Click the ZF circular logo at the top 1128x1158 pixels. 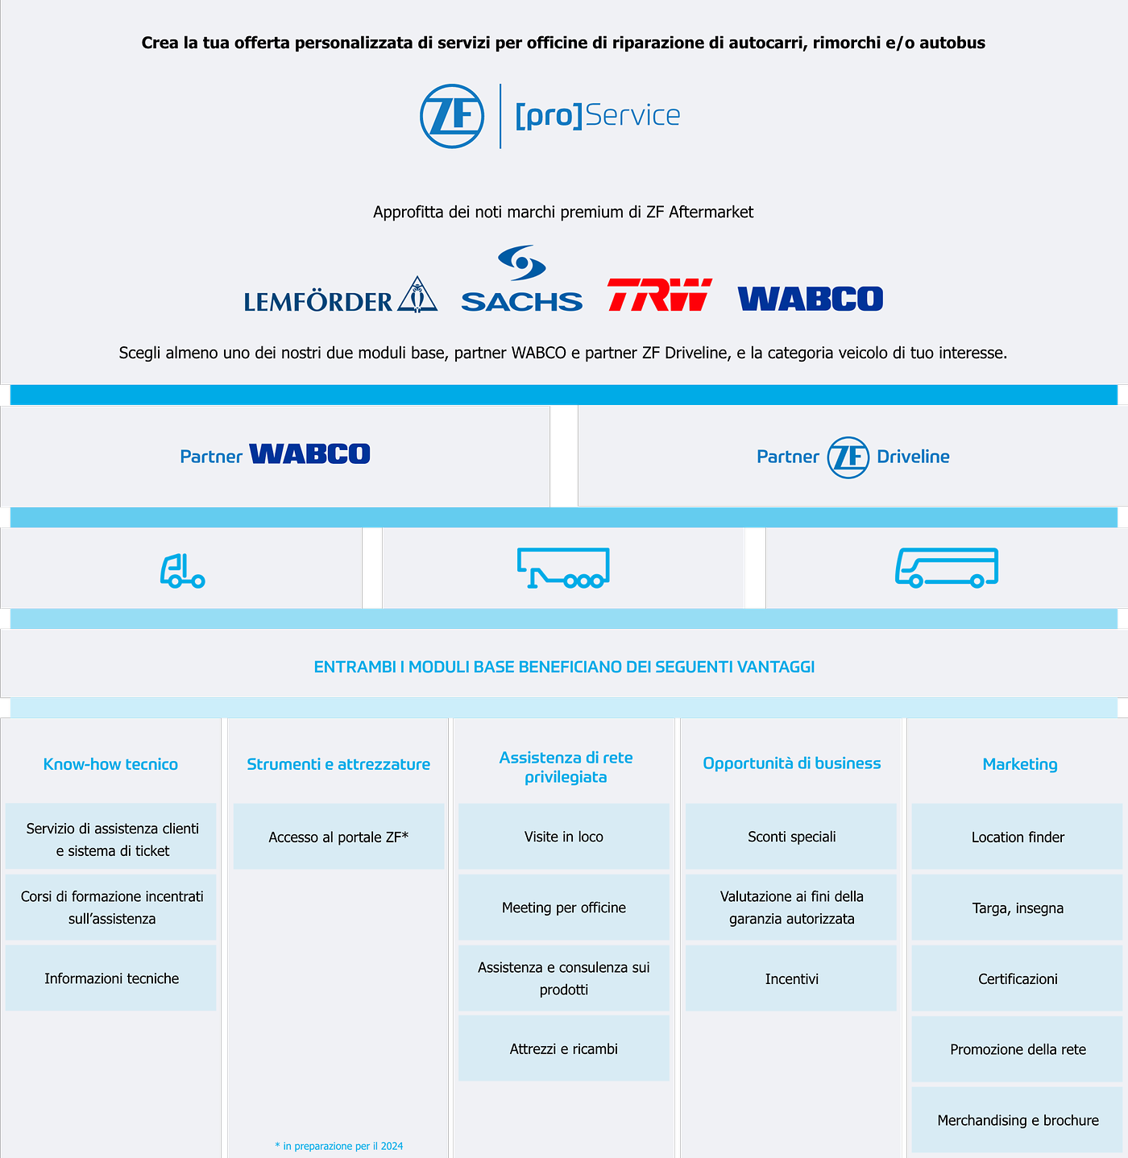click(x=452, y=116)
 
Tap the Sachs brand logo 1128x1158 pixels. click(x=521, y=280)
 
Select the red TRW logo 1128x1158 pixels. click(x=659, y=295)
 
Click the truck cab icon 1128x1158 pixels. click(x=182, y=570)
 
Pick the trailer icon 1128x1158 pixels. click(x=563, y=569)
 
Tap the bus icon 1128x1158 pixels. click(x=947, y=568)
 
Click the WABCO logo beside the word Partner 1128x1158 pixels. click(x=309, y=454)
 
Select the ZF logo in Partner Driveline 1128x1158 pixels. click(x=848, y=457)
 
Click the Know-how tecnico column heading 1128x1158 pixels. click(x=110, y=764)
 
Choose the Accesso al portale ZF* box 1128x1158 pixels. click(x=338, y=837)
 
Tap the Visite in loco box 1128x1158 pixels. click(x=564, y=837)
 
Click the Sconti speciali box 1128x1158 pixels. click(x=791, y=837)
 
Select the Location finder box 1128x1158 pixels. click(x=1018, y=837)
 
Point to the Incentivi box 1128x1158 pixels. click(x=791, y=978)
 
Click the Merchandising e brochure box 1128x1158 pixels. click(x=1018, y=1120)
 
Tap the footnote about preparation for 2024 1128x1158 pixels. click(x=338, y=1146)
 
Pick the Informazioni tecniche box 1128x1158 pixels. click(x=111, y=978)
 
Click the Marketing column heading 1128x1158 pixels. click(x=1019, y=764)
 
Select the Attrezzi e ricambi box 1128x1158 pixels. click(x=564, y=1048)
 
